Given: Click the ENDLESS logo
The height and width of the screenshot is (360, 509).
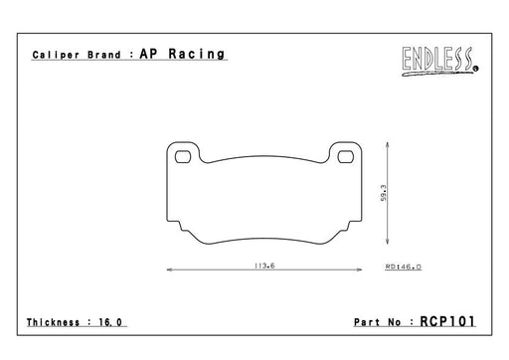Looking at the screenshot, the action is pos(439,61).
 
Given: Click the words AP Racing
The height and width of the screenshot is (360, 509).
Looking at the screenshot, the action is pos(182,54).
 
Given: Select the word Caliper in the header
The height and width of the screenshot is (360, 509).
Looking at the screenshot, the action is pos(56,55).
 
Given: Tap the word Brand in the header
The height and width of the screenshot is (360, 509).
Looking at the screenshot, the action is pos(104,55).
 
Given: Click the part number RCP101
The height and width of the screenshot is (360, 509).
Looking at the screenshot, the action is pos(447,321).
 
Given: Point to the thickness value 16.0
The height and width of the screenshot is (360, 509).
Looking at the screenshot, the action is pos(110,322).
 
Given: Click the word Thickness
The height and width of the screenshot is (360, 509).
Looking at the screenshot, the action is pos(53,322).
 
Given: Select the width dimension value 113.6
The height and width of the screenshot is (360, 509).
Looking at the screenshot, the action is pos(264,266).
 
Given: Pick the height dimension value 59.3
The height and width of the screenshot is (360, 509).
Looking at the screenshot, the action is pos(384,193).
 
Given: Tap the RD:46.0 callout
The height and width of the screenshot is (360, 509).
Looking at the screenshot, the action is pos(403,267).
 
